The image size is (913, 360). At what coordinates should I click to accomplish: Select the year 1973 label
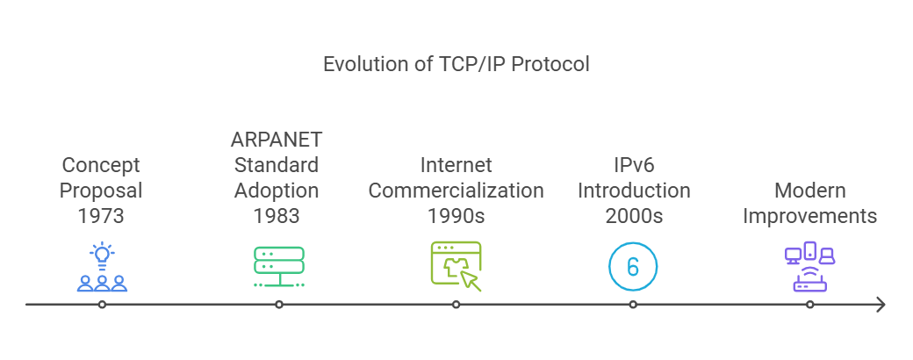tap(102, 215)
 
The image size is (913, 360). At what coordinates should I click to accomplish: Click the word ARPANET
tap(277, 140)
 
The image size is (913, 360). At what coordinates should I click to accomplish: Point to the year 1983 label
tap(277, 215)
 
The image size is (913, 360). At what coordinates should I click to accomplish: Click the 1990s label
tap(456, 215)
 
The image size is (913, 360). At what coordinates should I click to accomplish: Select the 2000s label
tap(633, 215)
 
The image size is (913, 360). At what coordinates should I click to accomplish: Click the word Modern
tap(809, 191)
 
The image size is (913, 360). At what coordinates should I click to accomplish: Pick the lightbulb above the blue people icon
tap(103, 255)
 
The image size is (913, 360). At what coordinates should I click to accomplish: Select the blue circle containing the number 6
tap(633, 266)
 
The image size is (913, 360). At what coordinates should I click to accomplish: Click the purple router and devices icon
tap(809, 267)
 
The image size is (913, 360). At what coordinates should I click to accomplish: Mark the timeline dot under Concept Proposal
tap(103, 305)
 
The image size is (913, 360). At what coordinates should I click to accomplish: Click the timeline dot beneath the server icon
tap(279, 305)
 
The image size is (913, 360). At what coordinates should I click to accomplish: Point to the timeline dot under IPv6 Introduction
tap(633, 305)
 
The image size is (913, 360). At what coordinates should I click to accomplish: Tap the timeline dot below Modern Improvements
tap(809, 305)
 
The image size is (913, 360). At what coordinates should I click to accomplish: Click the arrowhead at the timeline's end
tap(881, 305)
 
